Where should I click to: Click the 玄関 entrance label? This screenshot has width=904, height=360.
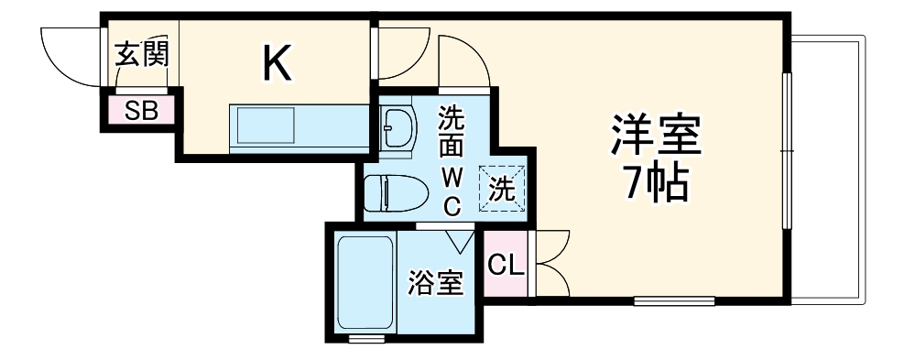click(141, 54)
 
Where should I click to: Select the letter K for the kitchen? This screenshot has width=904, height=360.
click(278, 62)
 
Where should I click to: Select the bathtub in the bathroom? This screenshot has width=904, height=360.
click(365, 283)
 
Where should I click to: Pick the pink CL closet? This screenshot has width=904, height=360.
click(506, 267)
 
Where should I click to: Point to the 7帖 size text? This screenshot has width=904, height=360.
click(656, 185)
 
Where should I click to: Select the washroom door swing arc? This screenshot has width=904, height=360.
click(463, 60)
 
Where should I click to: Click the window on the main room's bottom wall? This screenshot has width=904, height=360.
click(674, 299)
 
